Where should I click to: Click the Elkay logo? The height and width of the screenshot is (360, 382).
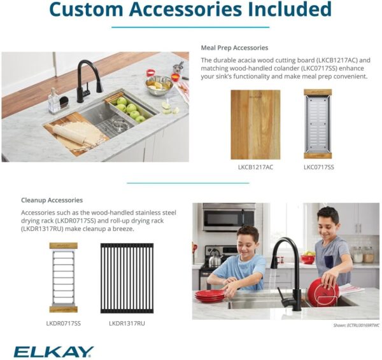(x=53, y=352)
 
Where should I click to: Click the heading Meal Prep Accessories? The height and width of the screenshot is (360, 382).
(x=234, y=48)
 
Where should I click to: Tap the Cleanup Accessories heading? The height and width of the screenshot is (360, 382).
(x=52, y=200)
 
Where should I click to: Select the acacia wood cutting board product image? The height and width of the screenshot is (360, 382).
(x=255, y=125)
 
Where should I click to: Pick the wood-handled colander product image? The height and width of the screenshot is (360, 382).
(x=318, y=125)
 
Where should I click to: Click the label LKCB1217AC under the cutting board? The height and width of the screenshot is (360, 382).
(x=255, y=167)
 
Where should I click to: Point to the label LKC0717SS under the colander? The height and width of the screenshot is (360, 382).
(x=318, y=167)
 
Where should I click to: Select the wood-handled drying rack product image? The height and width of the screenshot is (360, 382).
(x=64, y=277)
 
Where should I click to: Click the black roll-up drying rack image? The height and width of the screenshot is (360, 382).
(x=127, y=277)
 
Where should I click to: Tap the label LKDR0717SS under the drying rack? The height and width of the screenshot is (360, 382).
(x=64, y=323)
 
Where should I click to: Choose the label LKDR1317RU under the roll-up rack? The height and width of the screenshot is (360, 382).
(x=127, y=323)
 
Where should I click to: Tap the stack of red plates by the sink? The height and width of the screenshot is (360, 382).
(x=209, y=296)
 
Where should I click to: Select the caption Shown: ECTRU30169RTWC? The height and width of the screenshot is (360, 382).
(x=356, y=325)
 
